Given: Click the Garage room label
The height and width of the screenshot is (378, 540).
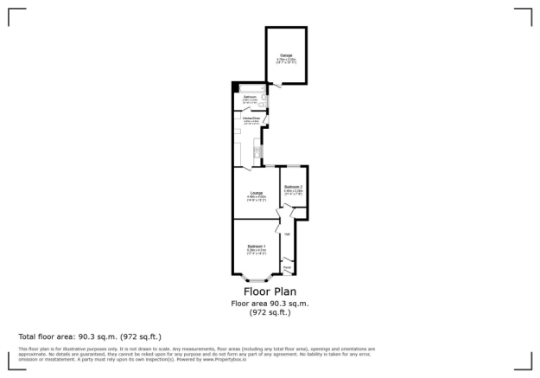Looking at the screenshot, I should point(286,55).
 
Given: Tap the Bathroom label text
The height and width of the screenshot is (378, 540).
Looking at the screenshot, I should point(249,97).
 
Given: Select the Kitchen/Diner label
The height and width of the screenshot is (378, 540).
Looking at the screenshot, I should point(251,118).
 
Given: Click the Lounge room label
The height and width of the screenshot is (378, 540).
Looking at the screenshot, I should point(256,192).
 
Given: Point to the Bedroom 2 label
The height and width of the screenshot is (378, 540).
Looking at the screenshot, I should point(293,187).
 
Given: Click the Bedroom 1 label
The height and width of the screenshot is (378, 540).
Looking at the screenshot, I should point(256,247).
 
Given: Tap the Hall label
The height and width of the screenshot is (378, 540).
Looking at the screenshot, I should point(287,234).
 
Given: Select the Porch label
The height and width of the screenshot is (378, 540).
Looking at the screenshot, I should point(287,267).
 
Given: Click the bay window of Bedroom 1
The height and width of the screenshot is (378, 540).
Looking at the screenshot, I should point(256,279).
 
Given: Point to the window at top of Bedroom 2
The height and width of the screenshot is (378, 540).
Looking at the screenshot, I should point(293,165).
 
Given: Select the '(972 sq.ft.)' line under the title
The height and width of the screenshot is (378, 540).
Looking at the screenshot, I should point(269,312).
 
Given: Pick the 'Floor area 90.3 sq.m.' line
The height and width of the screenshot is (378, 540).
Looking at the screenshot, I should point(269,303).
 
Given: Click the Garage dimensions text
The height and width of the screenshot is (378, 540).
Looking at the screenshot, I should point(286,61).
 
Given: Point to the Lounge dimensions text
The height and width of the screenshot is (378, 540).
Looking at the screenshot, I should point(256,197).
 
